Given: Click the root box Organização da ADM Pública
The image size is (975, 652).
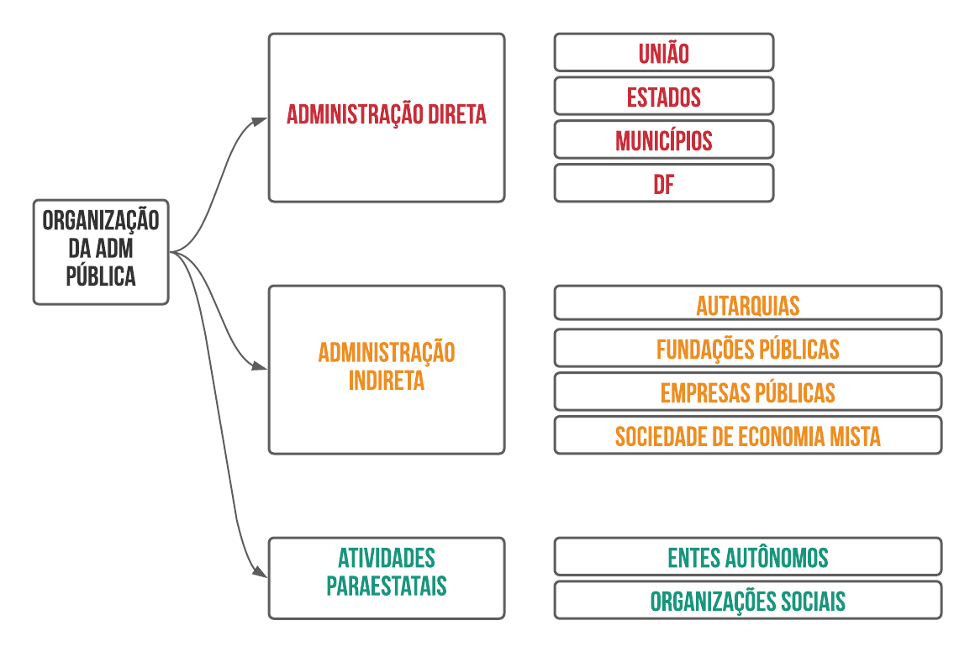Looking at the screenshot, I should (101, 251).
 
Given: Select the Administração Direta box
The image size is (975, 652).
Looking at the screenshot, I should (387, 117).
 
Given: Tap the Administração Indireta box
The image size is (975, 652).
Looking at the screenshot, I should (387, 369).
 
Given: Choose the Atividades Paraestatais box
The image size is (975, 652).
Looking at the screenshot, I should (387, 577).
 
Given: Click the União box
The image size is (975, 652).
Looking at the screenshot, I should (663, 53).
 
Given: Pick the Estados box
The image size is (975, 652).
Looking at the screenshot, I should (663, 97).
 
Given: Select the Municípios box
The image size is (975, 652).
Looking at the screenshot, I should (663, 140).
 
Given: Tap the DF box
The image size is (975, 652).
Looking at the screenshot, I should (663, 184).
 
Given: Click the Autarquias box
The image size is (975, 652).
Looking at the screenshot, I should (747, 304).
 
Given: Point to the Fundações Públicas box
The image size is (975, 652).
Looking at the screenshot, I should (747, 348).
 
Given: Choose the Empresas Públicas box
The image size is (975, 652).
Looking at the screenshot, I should (747, 392).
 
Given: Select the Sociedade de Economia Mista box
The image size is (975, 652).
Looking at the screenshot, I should (747, 435).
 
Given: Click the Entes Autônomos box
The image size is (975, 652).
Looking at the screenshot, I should (747, 556).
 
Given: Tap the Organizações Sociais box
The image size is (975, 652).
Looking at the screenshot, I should (747, 600).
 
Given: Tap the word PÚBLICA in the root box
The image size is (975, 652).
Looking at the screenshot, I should (101, 276).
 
